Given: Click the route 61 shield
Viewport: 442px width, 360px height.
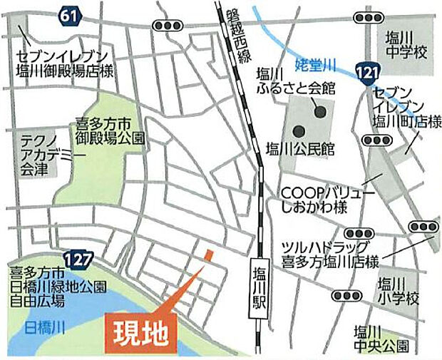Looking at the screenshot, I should coord(68,14).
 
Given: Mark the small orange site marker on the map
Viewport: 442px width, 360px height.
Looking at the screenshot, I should coord(207,254).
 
